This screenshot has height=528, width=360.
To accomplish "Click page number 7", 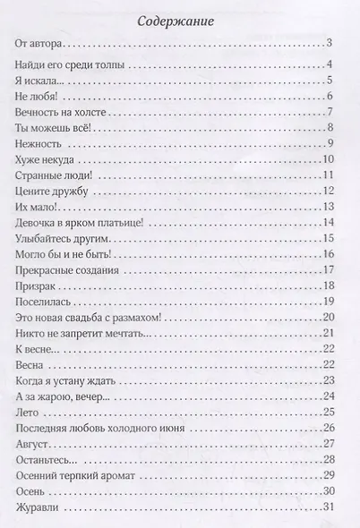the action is tap(330, 112).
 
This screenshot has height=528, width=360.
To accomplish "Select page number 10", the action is tap(328, 160).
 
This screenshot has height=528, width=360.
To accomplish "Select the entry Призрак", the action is tap(37, 286).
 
